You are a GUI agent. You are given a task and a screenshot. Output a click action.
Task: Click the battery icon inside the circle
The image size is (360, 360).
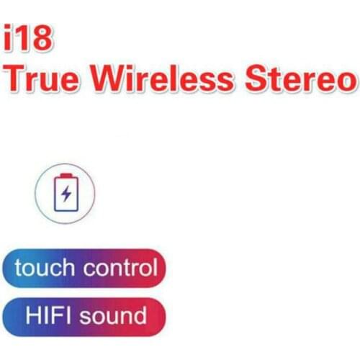coord(65,192)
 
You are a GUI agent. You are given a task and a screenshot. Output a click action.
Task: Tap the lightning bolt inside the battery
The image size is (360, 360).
coord(66,194)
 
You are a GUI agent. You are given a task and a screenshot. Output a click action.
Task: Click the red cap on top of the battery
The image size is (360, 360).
coord(66,175)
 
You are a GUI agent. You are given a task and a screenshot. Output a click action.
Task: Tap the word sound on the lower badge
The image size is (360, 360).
coord(115,315)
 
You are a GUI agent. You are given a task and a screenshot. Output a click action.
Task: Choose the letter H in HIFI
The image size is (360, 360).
coord(31,315)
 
